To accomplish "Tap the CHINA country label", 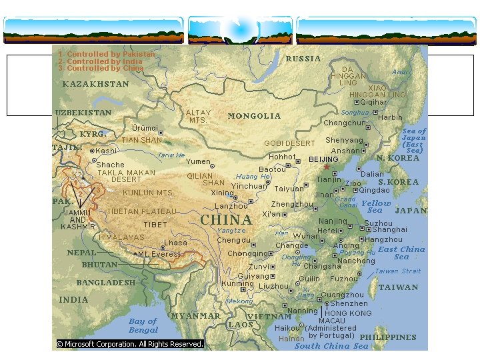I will coord(226,219).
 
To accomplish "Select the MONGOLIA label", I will coord(254,116).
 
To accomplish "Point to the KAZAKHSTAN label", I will coord(95,85).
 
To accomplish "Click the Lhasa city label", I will coord(175,243).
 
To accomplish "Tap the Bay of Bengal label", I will coord(143,325).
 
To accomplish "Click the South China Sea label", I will coord(331,346).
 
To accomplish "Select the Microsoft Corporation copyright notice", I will coord(129,344).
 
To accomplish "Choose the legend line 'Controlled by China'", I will coord(101,68).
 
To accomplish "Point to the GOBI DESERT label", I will coord(289,143).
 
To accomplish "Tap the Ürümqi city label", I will coord(145,128).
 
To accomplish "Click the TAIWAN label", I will coord(399,287).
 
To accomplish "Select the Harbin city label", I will coord(390,117).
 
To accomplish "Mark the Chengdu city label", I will coord(233,240).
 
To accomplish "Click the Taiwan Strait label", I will coord(397,271).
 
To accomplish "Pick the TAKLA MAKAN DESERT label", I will coord(126,176).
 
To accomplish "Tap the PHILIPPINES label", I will coord(388,337).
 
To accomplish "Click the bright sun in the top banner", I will coord(239,28).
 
